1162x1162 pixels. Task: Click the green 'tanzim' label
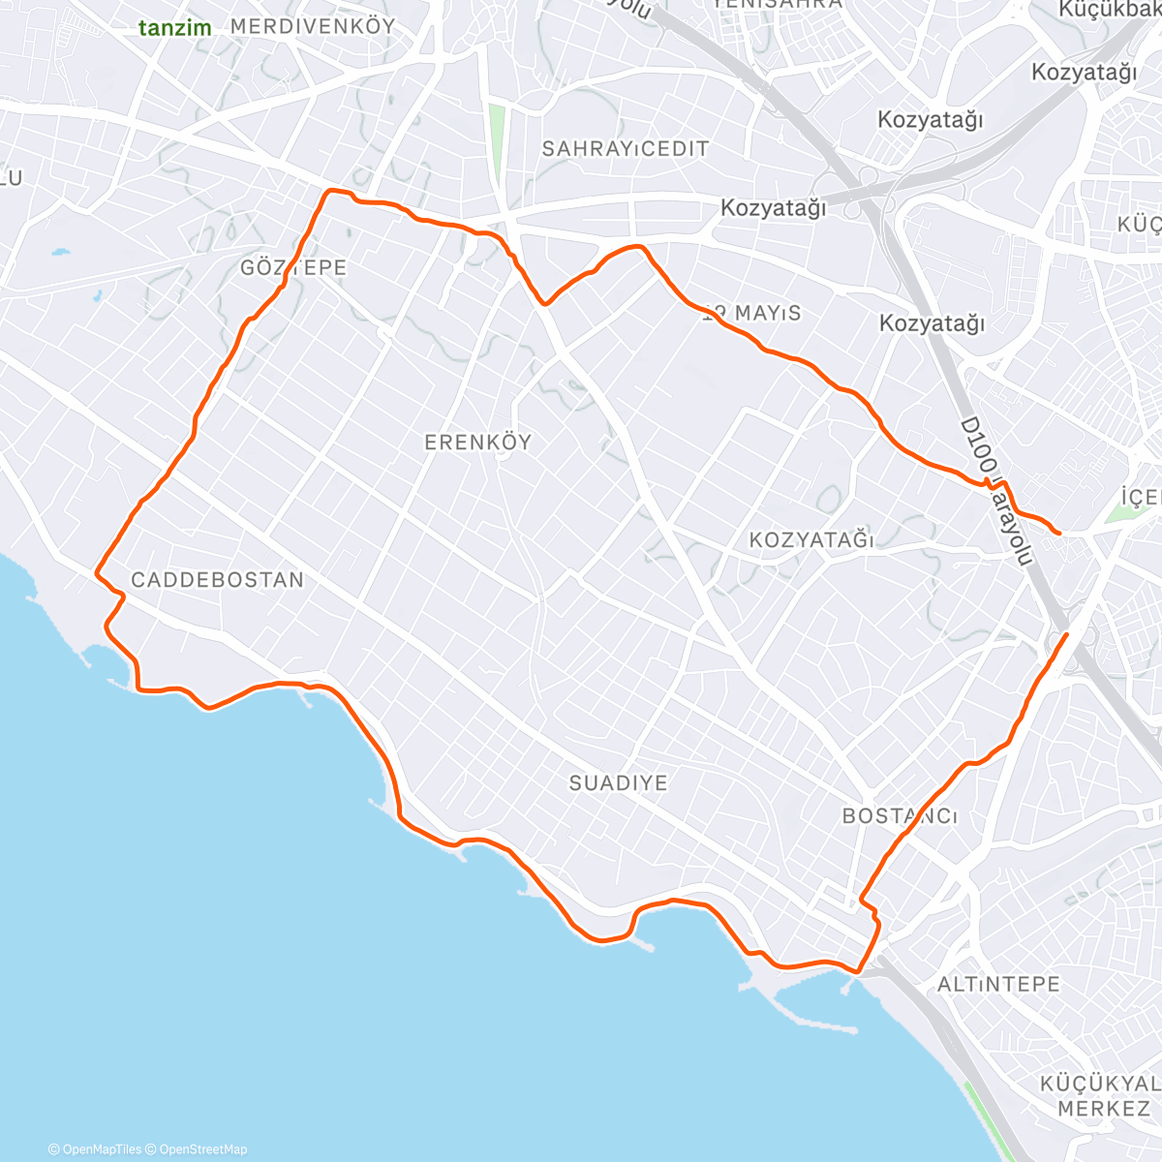(174, 27)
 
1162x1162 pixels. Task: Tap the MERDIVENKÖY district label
(313, 26)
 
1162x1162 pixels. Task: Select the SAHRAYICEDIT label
(625, 149)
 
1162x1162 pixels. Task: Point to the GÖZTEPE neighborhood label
(293, 267)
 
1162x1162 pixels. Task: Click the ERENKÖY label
(478, 443)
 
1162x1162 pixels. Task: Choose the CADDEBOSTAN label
(217, 580)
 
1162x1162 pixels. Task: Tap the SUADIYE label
(618, 783)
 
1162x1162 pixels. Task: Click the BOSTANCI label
(900, 816)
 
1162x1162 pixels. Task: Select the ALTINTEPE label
(998, 985)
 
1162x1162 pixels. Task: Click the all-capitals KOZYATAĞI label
(811, 540)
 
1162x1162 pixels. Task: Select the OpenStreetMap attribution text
(202, 1149)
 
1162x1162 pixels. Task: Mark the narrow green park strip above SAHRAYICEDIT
(498, 140)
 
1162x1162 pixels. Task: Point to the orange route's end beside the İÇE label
(1059, 533)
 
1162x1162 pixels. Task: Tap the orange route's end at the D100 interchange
(1066, 634)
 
